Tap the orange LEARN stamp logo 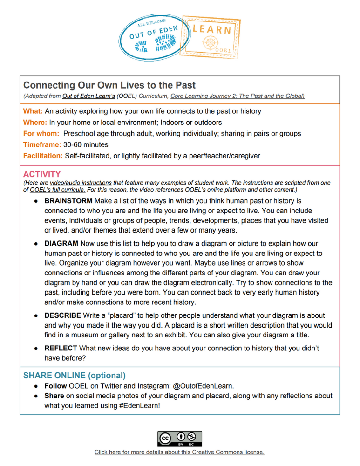point(212,35)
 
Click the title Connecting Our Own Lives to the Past point(109,85)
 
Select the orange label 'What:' point(33,111)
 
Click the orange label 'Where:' point(35,123)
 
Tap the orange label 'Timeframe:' point(42,145)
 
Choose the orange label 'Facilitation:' point(43,156)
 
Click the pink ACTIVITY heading point(42,174)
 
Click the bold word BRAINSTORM point(68,201)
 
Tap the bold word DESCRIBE point(62,316)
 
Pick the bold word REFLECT point(61,348)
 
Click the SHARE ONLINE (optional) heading point(75,375)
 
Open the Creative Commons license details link point(180,452)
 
